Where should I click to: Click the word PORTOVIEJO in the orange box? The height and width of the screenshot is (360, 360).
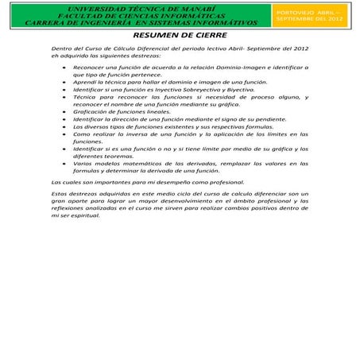292,12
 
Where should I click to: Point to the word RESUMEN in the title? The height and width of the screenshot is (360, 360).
156,36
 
